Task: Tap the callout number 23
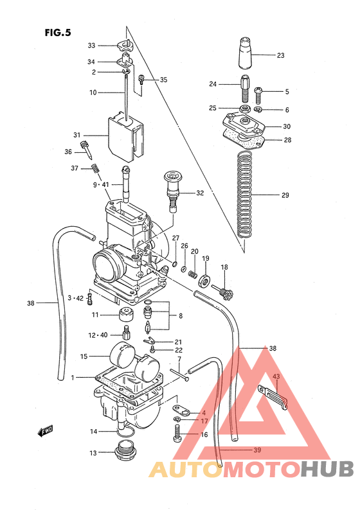click(x=280, y=55)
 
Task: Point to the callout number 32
click(x=199, y=193)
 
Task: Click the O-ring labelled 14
click(x=126, y=432)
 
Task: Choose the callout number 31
click(x=76, y=136)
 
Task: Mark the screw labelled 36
click(x=87, y=152)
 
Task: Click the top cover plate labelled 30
click(x=244, y=123)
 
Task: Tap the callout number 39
click(x=256, y=450)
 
